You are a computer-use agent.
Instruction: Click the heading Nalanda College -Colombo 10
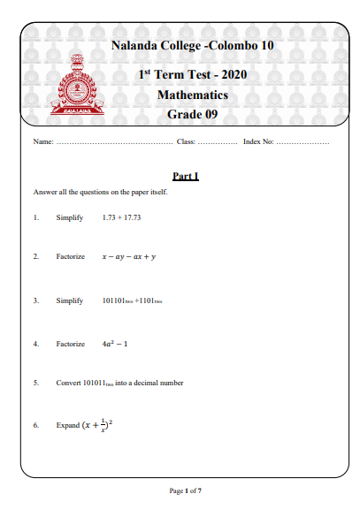pos(192,45)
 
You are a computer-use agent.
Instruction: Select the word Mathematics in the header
pos(192,95)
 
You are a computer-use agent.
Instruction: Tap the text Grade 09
pos(192,114)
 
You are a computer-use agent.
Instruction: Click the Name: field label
pos(43,142)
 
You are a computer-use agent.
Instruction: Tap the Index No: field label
pos(258,142)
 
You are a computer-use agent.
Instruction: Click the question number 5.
pos(36,384)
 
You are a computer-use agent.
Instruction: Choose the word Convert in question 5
pos(68,384)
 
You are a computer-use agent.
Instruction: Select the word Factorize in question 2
pos(70,256)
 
